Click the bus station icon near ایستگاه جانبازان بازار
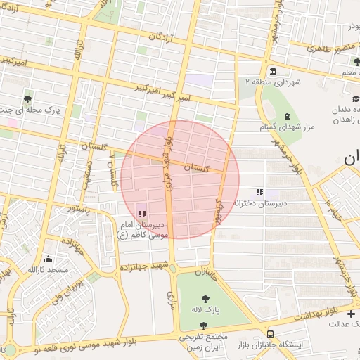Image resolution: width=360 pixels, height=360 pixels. (271, 334)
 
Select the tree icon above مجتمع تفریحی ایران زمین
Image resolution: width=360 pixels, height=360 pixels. (203, 325)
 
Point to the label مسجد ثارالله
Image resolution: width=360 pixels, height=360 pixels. (48, 270)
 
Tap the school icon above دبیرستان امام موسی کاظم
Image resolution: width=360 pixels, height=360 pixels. (143, 213)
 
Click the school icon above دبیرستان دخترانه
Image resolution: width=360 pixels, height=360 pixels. (259, 191)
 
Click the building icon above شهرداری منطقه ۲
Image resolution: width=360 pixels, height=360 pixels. (272, 71)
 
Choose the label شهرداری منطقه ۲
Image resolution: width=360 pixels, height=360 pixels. (272, 82)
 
